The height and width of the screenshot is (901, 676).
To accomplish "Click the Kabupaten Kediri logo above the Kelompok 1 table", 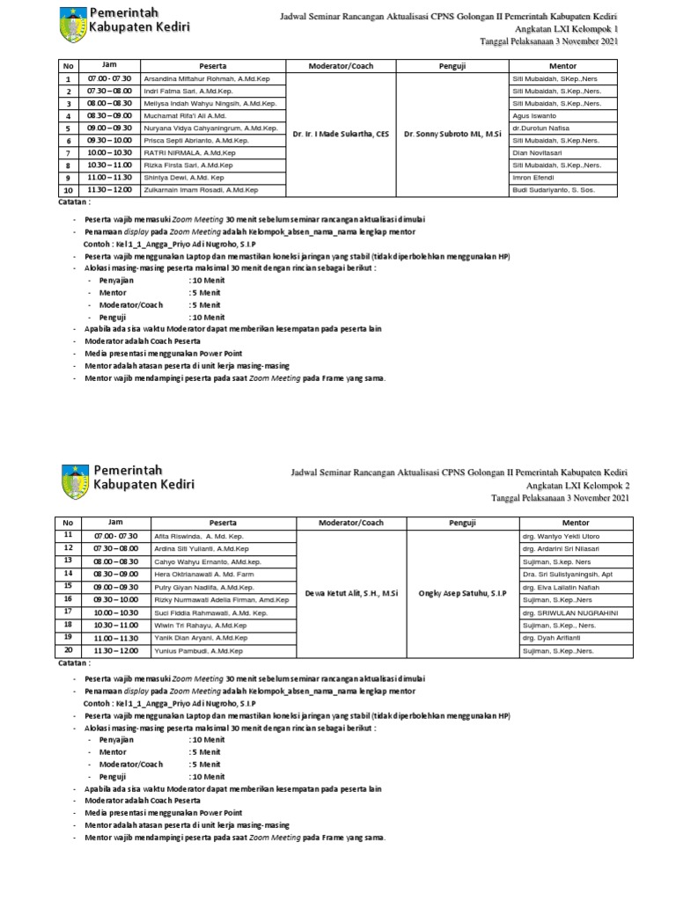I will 73,24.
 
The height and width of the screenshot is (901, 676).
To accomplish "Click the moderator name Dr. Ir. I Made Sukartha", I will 340,134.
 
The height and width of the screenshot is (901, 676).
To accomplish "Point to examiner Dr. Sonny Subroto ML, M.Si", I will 452,134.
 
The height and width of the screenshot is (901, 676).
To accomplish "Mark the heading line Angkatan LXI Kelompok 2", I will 577,485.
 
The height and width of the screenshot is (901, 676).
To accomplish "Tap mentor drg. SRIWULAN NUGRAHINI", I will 569,612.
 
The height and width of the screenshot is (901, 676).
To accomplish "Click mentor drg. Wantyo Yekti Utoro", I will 555,536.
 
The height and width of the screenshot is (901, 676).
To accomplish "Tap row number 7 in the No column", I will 68,152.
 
